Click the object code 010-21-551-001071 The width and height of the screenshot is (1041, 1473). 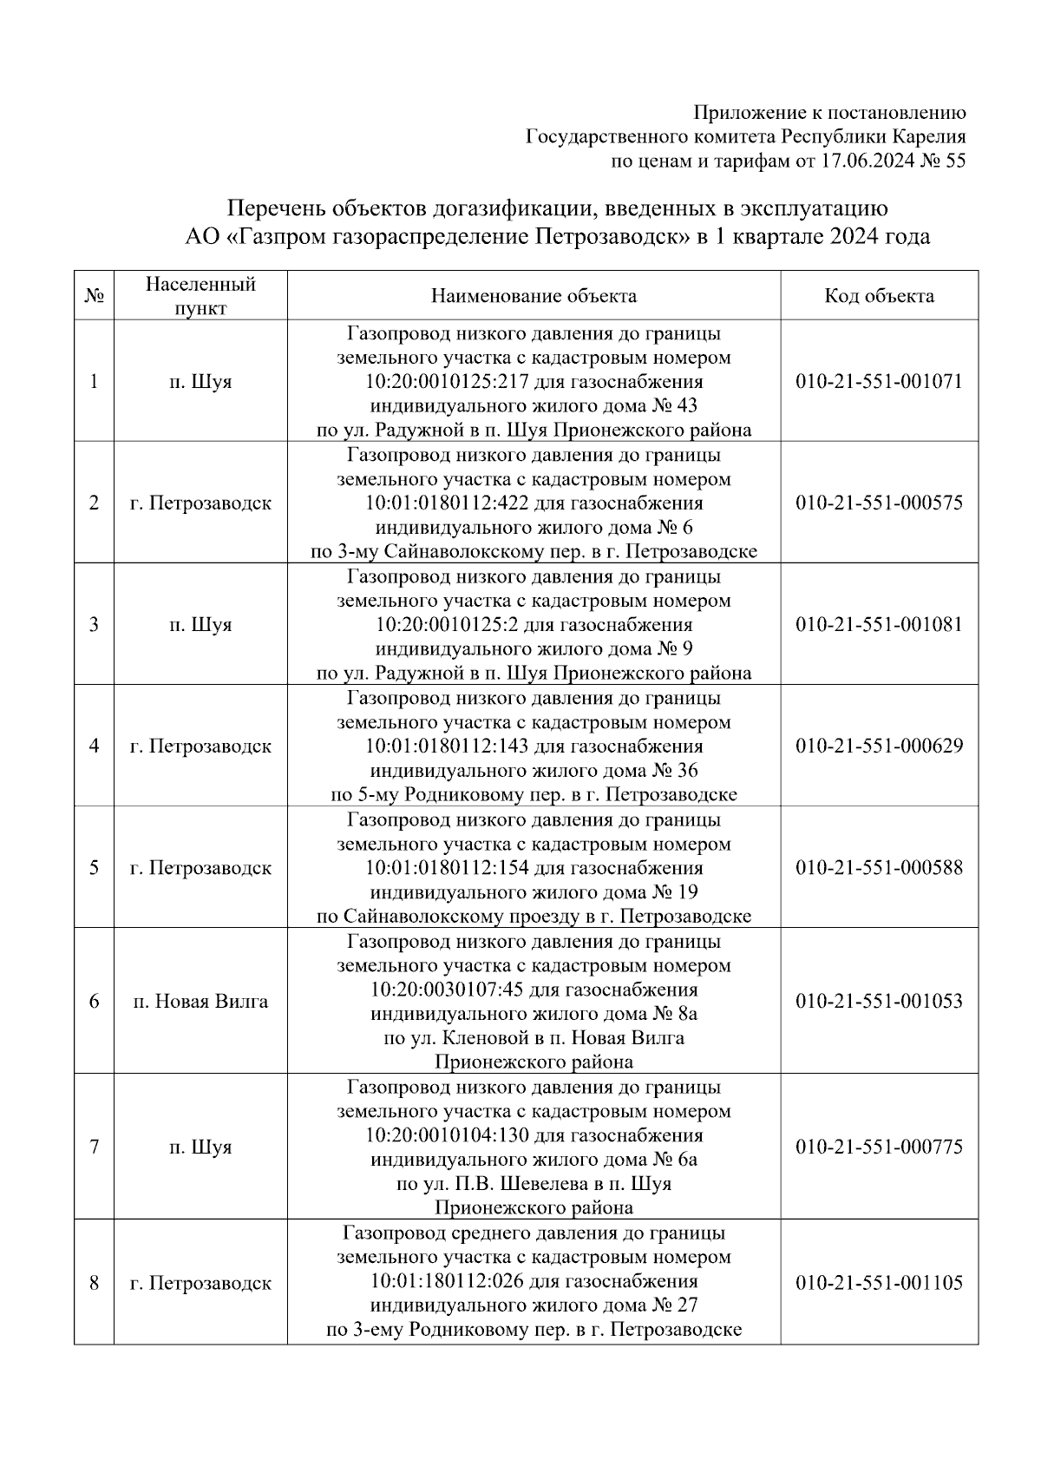(x=879, y=382)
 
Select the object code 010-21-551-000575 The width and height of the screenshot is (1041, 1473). (x=879, y=503)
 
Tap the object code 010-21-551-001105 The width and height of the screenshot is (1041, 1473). (x=879, y=1283)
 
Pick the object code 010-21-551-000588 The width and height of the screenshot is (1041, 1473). (x=879, y=868)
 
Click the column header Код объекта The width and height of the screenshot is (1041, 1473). (x=879, y=296)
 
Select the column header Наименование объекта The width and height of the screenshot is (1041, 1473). (x=534, y=296)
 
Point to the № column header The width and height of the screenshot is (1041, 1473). (x=94, y=296)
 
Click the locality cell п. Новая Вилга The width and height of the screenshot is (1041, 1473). (x=200, y=1002)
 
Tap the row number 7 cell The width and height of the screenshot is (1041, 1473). (x=94, y=1147)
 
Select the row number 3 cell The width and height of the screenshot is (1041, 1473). (x=94, y=625)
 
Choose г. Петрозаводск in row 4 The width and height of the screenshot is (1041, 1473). (x=200, y=746)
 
